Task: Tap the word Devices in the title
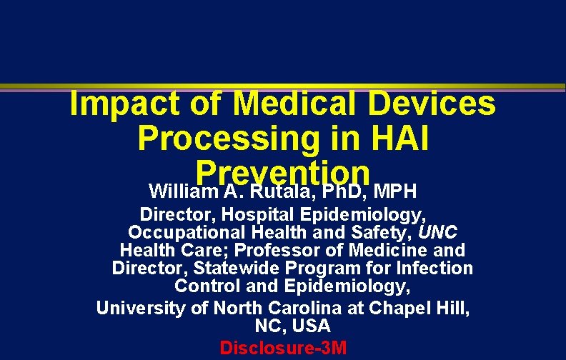(x=444, y=104)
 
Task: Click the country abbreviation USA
(x=312, y=326)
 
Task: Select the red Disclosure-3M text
(x=283, y=349)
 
